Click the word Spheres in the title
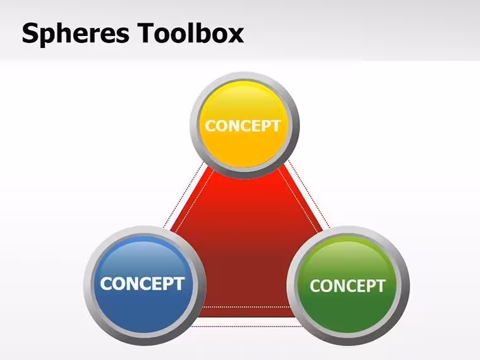pos(75,33)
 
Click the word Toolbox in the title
pos(190,32)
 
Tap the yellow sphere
pos(244,126)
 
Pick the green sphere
pos(348,285)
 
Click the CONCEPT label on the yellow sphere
pos(243,126)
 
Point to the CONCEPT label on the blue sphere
pos(142,284)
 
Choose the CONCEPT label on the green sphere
pos(347,286)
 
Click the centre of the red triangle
pos(246,245)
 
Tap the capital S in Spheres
pos(30,33)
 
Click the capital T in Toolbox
pos(146,32)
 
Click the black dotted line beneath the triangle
pos(246,327)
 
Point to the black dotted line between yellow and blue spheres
pos(183,195)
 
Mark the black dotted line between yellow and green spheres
pos(309,193)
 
